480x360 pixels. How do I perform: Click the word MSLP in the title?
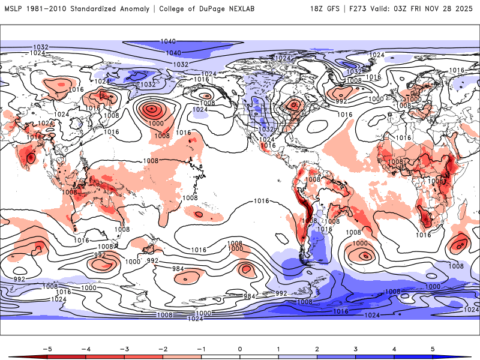click(14, 9)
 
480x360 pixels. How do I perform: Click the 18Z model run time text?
click(318, 9)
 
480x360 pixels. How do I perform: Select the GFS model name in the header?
click(335, 9)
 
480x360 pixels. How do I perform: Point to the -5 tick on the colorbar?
click(46, 348)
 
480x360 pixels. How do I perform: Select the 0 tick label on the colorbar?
click(240, 348)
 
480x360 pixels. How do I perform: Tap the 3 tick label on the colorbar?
click(356, 348)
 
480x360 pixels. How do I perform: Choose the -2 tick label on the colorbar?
click(163, 348)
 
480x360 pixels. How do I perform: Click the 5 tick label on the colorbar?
click(433, 348)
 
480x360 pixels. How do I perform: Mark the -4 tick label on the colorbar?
click(85, 348)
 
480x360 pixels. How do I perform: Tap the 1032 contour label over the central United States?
click(266, 130)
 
